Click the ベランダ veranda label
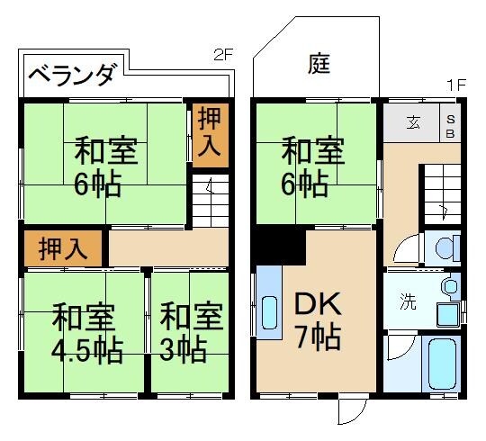coord(71,76)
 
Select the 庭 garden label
coord(319,64)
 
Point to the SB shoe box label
coord(451,122)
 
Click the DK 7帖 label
coord(317,320)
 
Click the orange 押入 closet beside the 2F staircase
coord(211,135)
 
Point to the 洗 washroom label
coord(408,301)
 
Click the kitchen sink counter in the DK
coord(268,302)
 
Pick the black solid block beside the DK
coord(276,243)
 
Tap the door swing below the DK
coord(350,411)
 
